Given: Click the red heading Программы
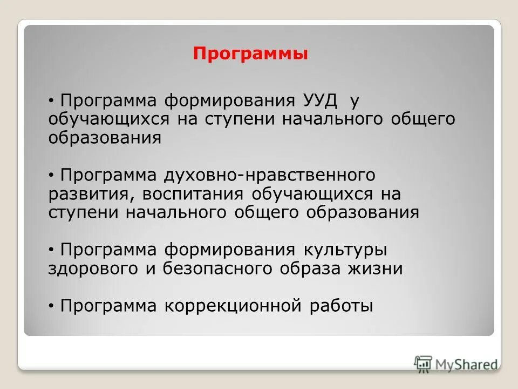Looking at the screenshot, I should click(x=251, y=54).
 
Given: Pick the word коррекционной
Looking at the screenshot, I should click(x=254, y=306).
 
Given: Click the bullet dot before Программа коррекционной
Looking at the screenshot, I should click(x=51, y=306).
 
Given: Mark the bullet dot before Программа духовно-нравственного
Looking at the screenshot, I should click(x=51, y=176).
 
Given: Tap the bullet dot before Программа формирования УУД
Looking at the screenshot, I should click(x=51, y=102).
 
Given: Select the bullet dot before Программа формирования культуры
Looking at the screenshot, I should click(x=51, y=251).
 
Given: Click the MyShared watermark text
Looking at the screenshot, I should click(x=466, y=364).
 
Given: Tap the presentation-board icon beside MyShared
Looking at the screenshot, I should click(x=423, y=364).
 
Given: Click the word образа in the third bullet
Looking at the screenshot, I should click(x=310, y=269).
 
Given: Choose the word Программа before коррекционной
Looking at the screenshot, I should click(x=108, y=306).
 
